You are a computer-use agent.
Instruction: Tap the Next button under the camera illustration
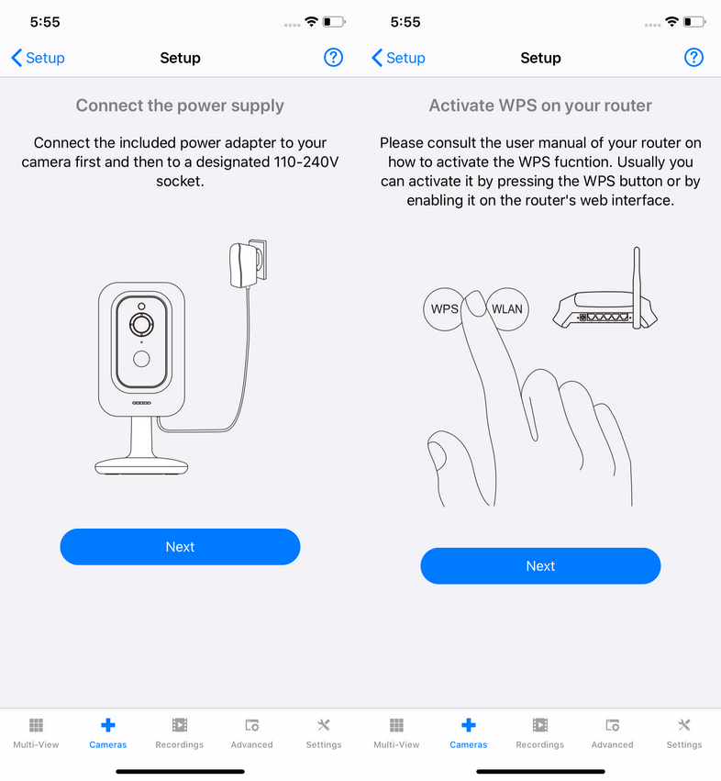(180, 546)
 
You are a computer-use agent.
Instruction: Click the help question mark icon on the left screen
(333, 58)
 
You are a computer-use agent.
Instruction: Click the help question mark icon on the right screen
(693, 58)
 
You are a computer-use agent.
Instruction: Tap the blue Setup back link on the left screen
(38, 58)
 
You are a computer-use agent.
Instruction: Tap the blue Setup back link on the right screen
(398, 58)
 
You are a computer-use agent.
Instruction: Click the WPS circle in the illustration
(443, 309)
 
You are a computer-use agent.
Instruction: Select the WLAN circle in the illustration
(508, 309)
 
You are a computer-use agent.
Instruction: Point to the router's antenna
(637, 287)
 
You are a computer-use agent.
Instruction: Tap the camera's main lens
(141, 325)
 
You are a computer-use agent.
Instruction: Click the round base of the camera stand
(141, 466)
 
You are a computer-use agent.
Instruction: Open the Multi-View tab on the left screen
(36, 733)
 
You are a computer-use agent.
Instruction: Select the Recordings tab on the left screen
(180, 733)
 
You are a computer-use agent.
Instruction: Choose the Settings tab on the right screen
(684, 733)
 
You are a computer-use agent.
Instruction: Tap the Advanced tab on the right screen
(613, 733)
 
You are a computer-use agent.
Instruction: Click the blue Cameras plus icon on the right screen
(469, 725)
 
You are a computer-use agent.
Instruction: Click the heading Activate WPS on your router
(540, 106)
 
